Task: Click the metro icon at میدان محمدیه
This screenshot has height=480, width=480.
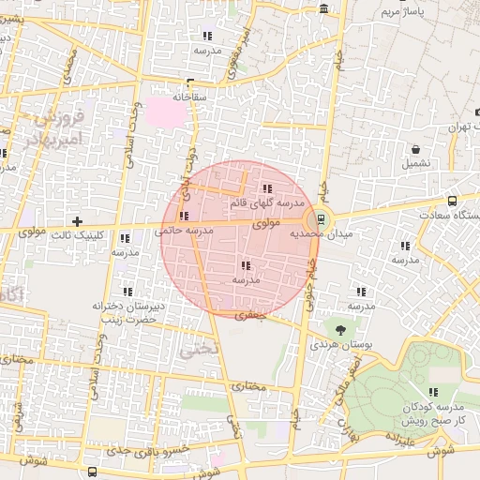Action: pyautogui.click(x=322, y=218)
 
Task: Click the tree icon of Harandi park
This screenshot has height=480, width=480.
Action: pyautogui.click(x=340, y=329)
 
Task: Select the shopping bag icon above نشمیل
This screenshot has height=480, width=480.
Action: pyautogui.click(x=414, y=149)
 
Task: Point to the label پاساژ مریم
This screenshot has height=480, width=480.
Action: pyautogui.click(x=405, y=12)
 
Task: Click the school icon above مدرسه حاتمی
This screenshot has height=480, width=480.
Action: pyautogui.click(x=182, y=217)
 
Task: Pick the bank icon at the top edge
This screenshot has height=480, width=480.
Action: pyautogui.click(x=324, y=8)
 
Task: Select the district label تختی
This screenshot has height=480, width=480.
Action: pyautogui.click(x=200, y=348)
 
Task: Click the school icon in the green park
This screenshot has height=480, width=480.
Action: pyautogui.click(x=432, y=393)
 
